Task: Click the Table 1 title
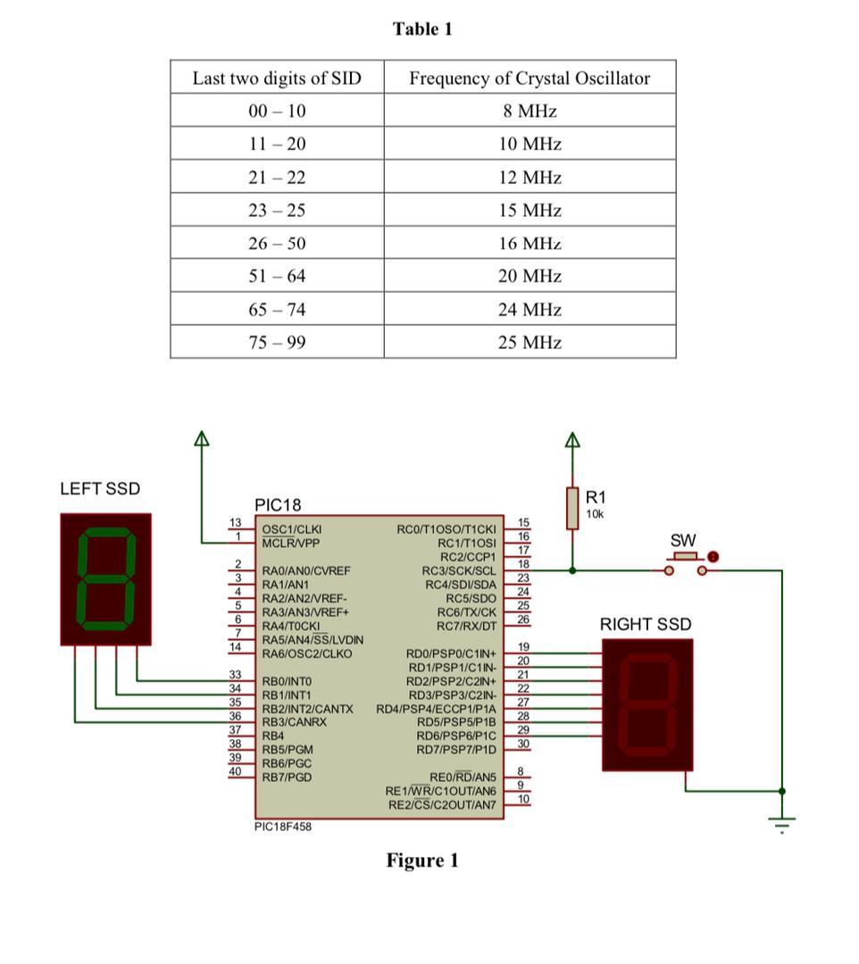pos(422,29)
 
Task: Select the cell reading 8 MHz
pos(530,111)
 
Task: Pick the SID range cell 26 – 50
pos(277,243)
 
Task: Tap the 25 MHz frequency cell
pos(530,342)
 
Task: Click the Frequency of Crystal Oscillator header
pos(530,78)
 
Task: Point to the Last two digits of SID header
pos(277,78)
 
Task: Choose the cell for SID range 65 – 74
pos(277,309)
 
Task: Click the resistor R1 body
pos(572,508)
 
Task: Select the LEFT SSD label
pos(100,489)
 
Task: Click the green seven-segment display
pos(106,578)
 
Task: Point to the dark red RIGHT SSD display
pos(647,704)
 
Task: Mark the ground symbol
pos(782,823)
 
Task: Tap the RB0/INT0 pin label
pos(286,681)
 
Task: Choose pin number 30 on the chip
pos(523,744)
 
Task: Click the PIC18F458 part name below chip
pos(283,827)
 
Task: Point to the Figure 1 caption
pos(422,860)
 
